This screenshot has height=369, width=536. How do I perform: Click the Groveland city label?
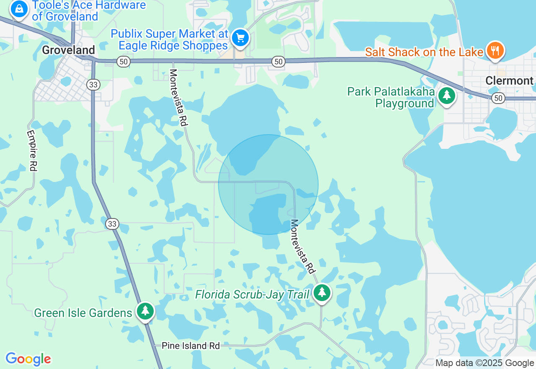[x=68, y=50]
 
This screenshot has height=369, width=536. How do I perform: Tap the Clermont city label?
[x=509, y=81]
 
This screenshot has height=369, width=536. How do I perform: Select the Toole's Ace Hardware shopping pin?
[x=19, y=8]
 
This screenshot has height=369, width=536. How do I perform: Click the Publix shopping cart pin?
[x=240, y=38]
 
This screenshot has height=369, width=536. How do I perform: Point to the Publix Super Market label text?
[x=170, y=39]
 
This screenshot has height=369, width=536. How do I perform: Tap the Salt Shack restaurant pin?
[x=495, y=51]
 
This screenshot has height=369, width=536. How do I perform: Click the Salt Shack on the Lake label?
[x=424, y=52]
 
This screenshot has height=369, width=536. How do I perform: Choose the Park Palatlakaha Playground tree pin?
[x=447, y=95]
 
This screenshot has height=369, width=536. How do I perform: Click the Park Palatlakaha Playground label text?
[x=391, y=97]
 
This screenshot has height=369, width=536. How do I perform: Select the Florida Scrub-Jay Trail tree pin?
[x=322, y=292]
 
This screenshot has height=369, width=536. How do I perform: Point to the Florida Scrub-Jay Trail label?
[x=252, y=294]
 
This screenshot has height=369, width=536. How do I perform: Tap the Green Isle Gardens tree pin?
[x=145, y=311]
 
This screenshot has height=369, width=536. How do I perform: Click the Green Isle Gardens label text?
[x=83, y=313]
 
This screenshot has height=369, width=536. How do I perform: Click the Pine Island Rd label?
[x=191, y=346]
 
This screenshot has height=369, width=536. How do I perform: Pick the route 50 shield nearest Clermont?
[x=498, y=98]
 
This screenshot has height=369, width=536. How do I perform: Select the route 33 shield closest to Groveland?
[x=93, y=84]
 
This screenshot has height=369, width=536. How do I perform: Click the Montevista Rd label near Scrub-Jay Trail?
[x=302, y=247]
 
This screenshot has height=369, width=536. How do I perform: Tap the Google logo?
[x=28, y=359]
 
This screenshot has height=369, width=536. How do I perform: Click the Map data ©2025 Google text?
[x=484, y=363]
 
